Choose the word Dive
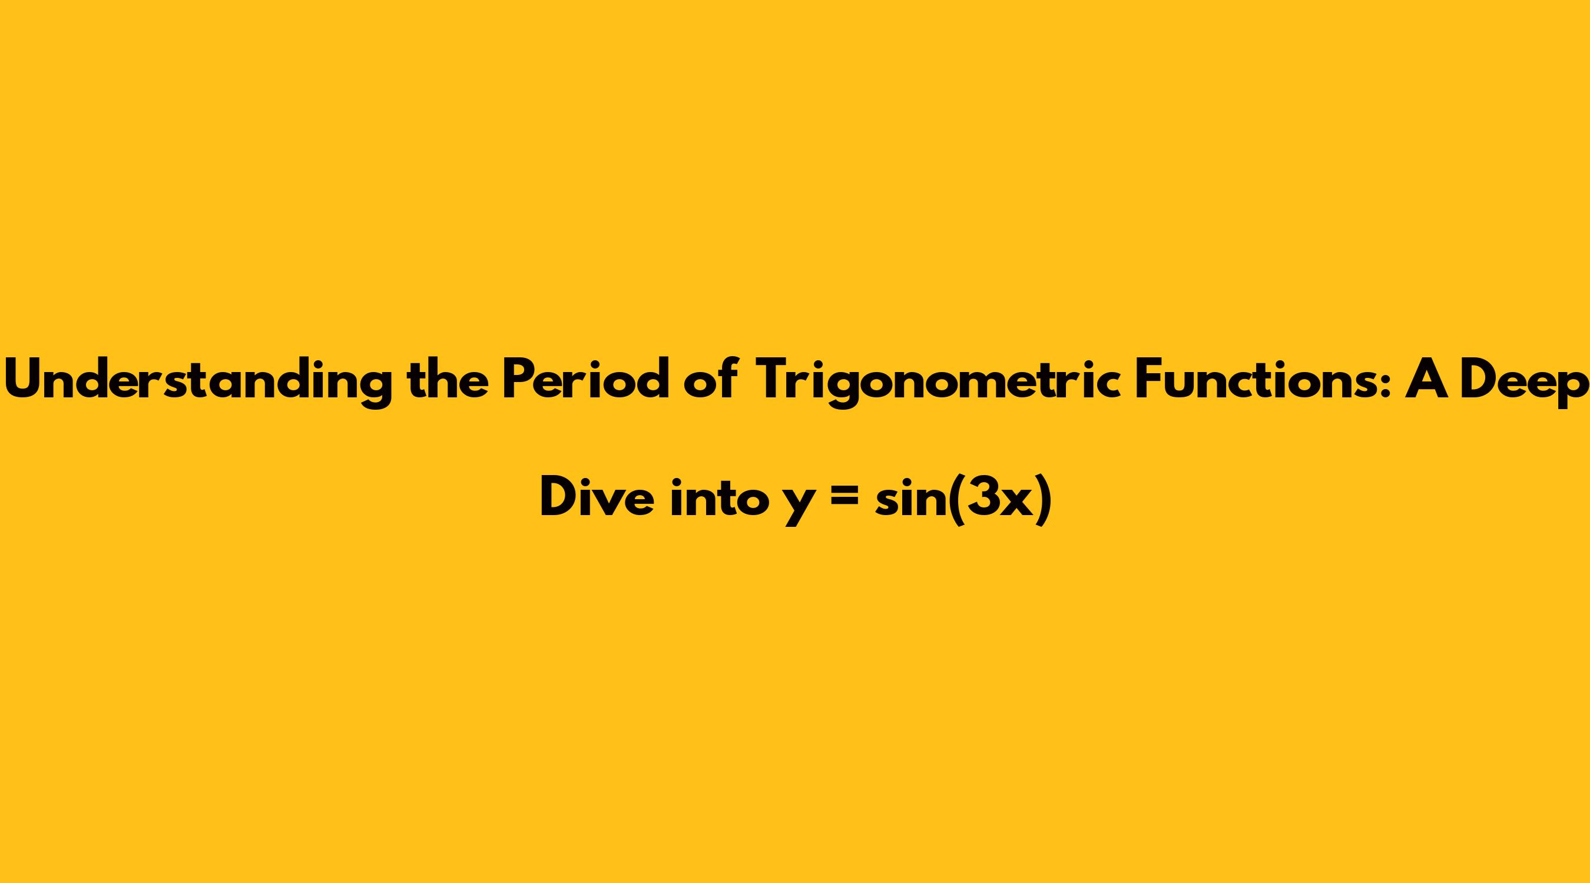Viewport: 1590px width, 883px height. [x=597, y=498]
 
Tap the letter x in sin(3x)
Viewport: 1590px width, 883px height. [x=1017, y=503]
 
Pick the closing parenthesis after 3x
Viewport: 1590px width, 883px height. [x=1043, y=499]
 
